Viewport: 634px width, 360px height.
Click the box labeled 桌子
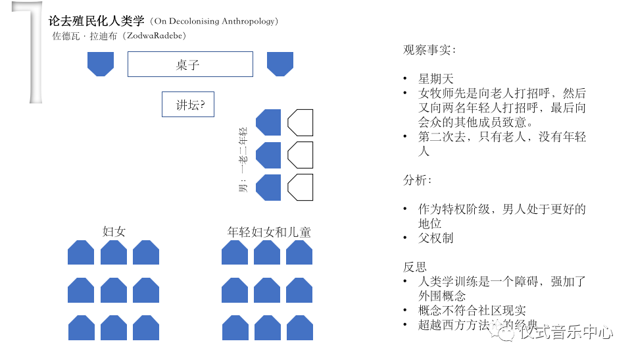(190, 64)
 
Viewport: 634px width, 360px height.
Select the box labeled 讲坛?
(188, 105)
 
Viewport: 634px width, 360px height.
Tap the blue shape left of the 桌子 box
(101, 64)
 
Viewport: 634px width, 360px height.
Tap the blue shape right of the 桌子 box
(280, 64)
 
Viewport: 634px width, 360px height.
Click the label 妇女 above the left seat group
(114, 232)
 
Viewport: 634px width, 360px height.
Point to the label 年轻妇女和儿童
(269, 232)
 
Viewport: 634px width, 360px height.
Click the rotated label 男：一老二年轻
(242, 159)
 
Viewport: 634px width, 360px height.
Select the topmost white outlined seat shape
(301, 122)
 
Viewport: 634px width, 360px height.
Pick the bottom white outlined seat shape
(301, 188)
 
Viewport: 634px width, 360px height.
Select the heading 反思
(415, 267)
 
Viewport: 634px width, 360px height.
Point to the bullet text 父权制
(436, 238)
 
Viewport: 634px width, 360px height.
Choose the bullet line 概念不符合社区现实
(472, 310)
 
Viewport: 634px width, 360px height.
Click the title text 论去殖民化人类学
(96, 21)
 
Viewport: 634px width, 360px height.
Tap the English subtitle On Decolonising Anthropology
(214, 22)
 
